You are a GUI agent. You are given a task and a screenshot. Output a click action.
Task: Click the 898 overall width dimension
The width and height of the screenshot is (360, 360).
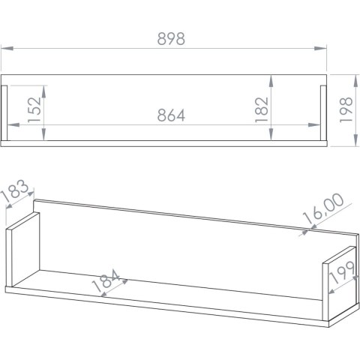(171, 39)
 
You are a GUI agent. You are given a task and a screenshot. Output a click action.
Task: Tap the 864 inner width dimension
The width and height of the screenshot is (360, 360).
(171, 115)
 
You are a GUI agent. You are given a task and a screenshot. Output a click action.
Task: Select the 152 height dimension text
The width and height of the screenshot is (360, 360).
(34, 109)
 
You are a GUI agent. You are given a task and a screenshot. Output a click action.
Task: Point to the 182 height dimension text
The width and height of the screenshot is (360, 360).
(262, 109)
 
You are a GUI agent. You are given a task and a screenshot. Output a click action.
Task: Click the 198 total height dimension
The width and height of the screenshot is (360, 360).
(346, 109)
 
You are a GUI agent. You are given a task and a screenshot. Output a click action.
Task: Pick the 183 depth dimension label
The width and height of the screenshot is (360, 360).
(15, 190)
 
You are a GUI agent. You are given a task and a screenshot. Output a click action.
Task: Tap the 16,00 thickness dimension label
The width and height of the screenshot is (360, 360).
(323, 208)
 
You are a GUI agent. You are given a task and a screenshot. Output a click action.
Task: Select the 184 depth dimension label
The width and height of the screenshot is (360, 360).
(106, 280)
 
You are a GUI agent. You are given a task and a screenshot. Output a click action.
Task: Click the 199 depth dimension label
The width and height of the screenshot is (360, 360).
(342, 272)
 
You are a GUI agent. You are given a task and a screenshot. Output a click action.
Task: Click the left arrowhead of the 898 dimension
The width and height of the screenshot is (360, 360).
(7, 48)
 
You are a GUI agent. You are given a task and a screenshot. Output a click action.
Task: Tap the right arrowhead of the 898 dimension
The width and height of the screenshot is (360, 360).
(321, 48)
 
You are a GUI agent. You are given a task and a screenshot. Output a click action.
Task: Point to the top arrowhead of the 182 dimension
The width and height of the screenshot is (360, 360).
(271, 81)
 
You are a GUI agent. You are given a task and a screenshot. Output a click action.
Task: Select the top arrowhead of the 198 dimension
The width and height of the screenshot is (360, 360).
(355, 81)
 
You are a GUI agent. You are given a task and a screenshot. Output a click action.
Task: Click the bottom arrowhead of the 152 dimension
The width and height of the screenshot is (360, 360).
(44, 134)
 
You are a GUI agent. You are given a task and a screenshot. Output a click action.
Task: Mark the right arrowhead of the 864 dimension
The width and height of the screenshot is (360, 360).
(314, 124)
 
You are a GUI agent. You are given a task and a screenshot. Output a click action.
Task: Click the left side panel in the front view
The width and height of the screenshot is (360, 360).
(4, 113)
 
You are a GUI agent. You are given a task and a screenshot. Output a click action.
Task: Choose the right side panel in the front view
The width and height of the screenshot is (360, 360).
(323, 113)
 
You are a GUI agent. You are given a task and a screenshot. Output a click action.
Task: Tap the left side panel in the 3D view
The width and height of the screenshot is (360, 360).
(23, 250)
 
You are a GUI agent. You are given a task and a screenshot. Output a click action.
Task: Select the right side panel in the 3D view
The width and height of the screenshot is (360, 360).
(339, 283)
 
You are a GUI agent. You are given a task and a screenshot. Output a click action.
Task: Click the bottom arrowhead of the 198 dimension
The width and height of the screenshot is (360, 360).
(355, 140)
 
